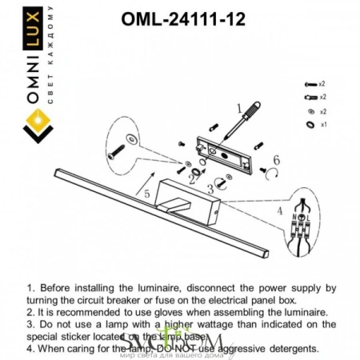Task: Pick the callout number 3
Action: pos(210,189)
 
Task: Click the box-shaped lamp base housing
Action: pos(189,202)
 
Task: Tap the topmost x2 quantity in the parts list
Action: pos(322,83)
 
